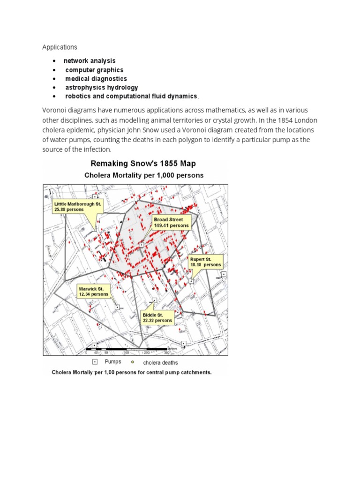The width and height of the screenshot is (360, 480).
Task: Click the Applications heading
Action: (60, 47)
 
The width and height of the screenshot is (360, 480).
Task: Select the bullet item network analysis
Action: (89, 61)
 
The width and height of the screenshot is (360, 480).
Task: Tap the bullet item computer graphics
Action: (94, 70)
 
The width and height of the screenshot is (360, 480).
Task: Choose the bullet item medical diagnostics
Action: (96, 79)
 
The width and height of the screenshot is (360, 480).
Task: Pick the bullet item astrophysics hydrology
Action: (101, 88)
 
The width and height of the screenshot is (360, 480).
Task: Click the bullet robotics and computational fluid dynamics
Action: (131, 96)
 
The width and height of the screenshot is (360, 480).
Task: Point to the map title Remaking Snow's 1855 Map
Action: (143, 164)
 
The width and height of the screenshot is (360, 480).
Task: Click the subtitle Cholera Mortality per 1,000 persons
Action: (143, 175)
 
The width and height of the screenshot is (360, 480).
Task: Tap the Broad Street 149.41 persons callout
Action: (172, 222)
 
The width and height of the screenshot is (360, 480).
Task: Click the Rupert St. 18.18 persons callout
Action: (206, 262)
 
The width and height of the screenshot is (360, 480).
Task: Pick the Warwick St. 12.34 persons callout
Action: (94, 291)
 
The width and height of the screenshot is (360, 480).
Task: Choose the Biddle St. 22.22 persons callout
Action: (157, 318)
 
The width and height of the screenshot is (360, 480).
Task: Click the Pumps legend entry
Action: (112, 362)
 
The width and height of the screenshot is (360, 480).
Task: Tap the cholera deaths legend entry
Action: (160, 362)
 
